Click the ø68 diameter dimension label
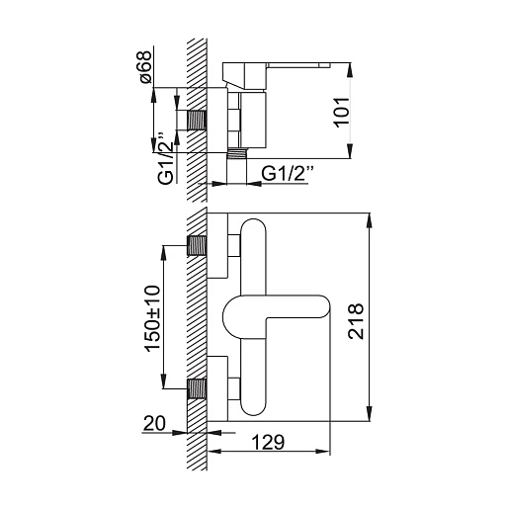pyautogui.click(x=145, y=67)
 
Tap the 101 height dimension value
pyautogui.click(x=341, y=112)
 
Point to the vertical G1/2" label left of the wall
pyautogui.click(x=165, y=158)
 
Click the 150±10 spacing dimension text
pyautogui.click(x=152, y=318)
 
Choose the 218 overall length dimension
pyautogui.click(x=356, y=321)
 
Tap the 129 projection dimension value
pyautogui.click(x=268, y=442)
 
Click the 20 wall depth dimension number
pyautogui.click(x=154, y=423)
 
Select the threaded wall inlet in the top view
pyautogui.click(x=197, y=120)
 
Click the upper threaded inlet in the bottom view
pyautogui.click(x=197, y=246)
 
